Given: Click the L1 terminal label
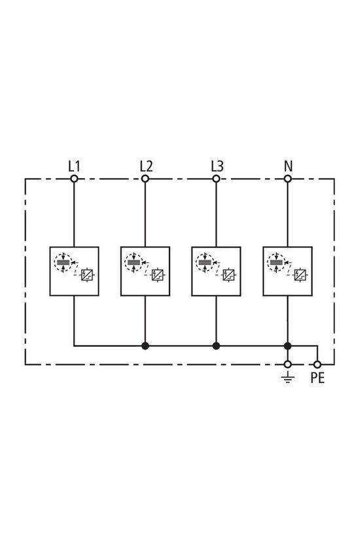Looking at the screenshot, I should pyautogui.click(x=74, y=166).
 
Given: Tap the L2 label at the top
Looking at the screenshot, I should pyautogui.click(x=145, y=166).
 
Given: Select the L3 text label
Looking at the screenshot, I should pyautogui.click(x=217, y=166).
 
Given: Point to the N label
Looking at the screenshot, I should pyautogui.click(x=287, y=166).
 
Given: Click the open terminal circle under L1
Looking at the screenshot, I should pyautogui.click(x=74, y=178).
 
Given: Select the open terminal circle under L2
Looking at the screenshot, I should pyautogui.click(x=145, y=178).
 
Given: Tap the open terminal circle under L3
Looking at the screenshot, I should pyautogui.click(x=216, y=178).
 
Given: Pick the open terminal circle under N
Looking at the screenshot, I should pyautogui.click(x=287, y=178).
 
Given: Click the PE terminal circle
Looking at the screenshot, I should pyautogui.click(x=317, y=364).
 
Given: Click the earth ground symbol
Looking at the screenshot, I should pyautogui.click(x=287, y=376).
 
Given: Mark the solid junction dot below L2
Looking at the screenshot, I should pyautogui.click(x=145, y=346).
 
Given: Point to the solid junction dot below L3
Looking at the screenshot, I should pyautogui.click(x=216, y=346).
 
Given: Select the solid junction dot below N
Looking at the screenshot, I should pyautogui.click(x=287, y=346).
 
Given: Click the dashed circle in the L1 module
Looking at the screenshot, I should pyautogui.click(x=63, y=264).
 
